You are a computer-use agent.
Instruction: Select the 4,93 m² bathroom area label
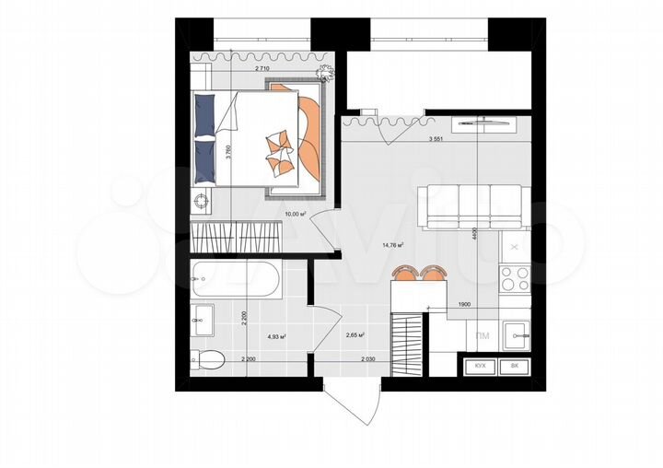(276, 337)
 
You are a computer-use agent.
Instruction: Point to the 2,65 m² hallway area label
(356, 336)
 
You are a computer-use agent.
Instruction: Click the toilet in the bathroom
(207, 359)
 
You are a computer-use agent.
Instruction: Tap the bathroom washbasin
(203, 320)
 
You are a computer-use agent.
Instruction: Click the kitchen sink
(517, 329)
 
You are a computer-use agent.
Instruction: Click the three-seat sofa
(472, 206)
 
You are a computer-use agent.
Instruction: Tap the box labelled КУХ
(480, 366)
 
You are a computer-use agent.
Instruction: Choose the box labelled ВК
(513, 366)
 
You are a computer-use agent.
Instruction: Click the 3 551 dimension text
(442, 139)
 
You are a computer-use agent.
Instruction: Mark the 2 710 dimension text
(268, 69)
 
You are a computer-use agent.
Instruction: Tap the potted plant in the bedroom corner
(324, 73)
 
